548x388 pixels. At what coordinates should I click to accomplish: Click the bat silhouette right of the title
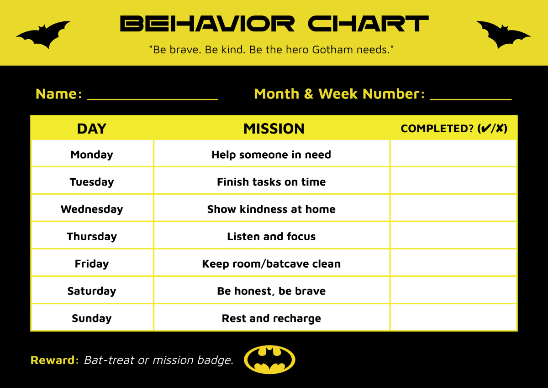tap(504, 35)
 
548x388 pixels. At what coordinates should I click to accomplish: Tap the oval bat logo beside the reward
tap(269, 360)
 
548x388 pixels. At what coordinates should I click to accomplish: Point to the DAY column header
tap(92, 129)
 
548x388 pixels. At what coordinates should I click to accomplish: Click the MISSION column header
tap(274, 129)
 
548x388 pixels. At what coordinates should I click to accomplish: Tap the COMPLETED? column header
tap(454, 129)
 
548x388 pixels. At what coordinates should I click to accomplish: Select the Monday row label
tap(92, 155)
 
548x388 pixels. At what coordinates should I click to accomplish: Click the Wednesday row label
tap(92, 209)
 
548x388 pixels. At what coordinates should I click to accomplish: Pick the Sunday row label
tap(92, 318)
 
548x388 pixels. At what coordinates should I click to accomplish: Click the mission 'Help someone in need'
tap(271, 155)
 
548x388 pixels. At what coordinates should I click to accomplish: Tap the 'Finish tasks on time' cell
tap(271, 182)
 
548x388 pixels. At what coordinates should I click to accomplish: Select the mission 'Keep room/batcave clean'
tap(271, 264)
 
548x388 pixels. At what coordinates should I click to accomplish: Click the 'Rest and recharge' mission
tap(271, 318)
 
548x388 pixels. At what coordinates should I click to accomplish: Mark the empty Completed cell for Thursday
tap(453, 236)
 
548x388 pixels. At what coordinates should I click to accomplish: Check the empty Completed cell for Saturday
tap(453, 290)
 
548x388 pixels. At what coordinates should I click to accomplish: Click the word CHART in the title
tap(368, 24)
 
